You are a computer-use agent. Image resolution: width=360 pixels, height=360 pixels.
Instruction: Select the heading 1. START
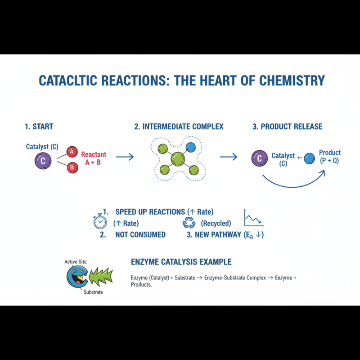[x=39, y=126]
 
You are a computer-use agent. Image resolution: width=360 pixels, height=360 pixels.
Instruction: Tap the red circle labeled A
[x=71, y=152]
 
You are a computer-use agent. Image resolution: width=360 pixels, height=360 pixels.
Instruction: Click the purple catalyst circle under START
[x=43, y=161]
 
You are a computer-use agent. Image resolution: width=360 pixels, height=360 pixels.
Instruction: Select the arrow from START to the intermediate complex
[x=125, y=157]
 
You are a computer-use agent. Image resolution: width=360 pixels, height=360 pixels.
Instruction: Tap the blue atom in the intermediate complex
[x=190, y=147]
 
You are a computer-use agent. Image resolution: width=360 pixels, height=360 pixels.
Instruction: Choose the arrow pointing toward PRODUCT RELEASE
[x=228, y=157]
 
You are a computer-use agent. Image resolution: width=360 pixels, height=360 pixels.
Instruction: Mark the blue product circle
[x=309, y=158]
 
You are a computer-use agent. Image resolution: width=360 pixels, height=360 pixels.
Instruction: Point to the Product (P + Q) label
[x=330, y=157]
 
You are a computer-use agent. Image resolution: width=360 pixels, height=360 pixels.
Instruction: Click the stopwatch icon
[x=100, y=221]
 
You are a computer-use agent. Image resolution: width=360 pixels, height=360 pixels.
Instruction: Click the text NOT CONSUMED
[x=140, y=234]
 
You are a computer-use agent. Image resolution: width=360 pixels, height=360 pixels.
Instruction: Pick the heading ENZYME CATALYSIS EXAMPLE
[x=181, y=261]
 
